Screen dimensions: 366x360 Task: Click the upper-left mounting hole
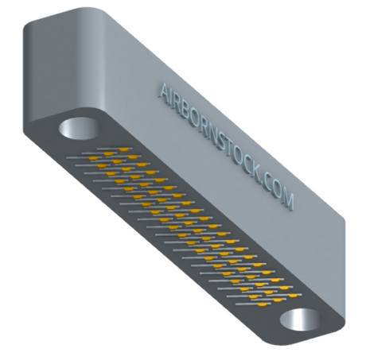point(79,128)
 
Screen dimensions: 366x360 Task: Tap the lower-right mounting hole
point(300,319)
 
